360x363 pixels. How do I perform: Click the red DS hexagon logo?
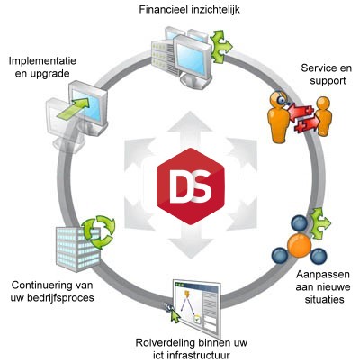point(191,186)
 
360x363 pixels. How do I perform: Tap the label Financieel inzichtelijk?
point(189,10)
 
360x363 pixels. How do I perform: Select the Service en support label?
point(327,74)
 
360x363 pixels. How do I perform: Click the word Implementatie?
point(42,61)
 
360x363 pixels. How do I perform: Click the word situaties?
point(324,299)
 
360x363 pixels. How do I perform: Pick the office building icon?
point(77,249)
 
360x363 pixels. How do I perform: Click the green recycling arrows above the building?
point(98,231)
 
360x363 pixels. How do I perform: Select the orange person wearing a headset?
point(278,117)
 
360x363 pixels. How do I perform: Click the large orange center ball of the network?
point(300,245)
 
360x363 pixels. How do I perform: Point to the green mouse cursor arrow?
point(175,315)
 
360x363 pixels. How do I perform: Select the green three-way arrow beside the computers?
point(221,46)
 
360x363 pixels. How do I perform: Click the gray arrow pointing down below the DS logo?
point(191,243)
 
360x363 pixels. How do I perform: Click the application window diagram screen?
point(197,308)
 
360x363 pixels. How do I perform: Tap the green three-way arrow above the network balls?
point(320,222)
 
